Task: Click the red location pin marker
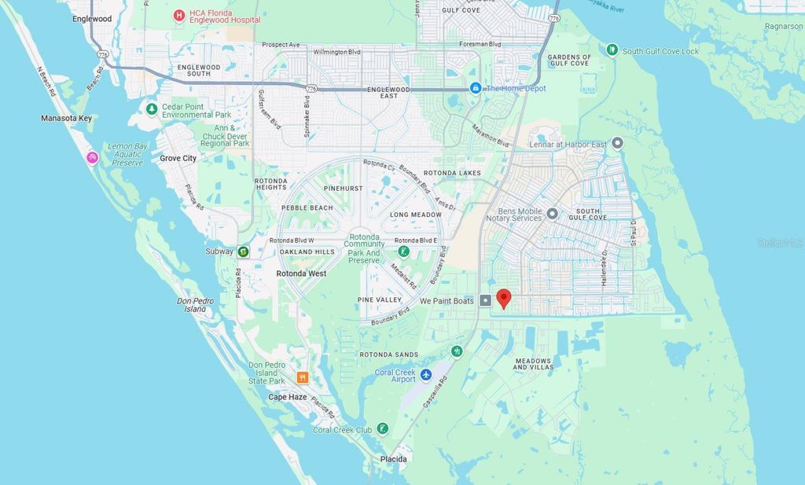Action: tap(504, 299)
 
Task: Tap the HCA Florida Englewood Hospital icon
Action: tap(179, 14)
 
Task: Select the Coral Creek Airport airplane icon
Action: tap(426, 375)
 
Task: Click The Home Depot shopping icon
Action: tap(476, 88)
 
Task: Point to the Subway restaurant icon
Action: tap(244, 252)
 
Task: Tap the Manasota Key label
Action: tap(66, 118)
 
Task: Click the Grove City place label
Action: tap(178, 158)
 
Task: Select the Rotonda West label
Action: tap(301, 274)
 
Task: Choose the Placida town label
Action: tap(393, 458)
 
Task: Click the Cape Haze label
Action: tap(288, 397)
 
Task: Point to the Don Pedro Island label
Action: tap(191, 305)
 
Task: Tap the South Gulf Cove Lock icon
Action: tap(612, 50)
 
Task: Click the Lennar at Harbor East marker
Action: tap(618, 143)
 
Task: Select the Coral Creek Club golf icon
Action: tap(382, 429)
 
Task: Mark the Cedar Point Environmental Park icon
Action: tap(152, 108)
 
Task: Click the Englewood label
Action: tap(91, 18)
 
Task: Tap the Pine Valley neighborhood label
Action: tap(380, 299)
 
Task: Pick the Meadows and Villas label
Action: tap(534, 363)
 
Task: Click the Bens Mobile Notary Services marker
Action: tap(553, 213)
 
